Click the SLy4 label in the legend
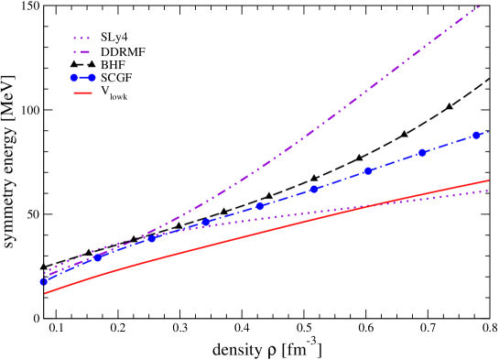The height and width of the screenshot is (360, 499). pos(114,38)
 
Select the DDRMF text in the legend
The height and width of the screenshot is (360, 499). pos(123,52)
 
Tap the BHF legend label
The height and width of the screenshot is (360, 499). pos(113,65)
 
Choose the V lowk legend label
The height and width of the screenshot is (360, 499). pos(114,93)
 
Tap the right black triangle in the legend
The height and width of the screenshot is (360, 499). pos(92,65)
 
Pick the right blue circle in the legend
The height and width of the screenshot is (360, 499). pos(92,79)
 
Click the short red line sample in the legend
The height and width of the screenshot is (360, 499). pos(82,93)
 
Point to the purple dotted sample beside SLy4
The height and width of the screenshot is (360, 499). pos(82,38)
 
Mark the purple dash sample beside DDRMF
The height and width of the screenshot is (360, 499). pos(82,52)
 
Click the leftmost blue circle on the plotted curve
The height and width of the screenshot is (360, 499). pos(43,281)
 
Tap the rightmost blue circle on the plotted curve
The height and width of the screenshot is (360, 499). pos(476,136)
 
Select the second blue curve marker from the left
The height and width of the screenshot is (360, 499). pos(98,257)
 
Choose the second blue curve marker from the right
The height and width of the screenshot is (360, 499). pos(422,153)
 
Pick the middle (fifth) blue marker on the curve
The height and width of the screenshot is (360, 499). pos(260,206)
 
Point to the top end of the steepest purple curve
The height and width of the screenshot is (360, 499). pos(479,6)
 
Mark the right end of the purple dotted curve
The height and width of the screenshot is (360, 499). pos(487,191)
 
